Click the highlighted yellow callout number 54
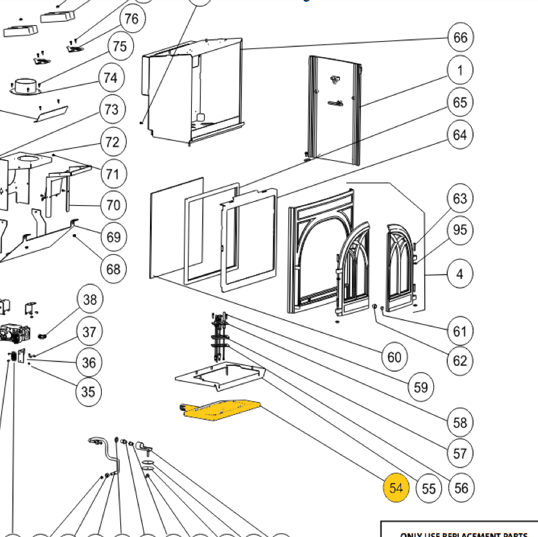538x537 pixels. [396, 488]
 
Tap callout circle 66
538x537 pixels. [460, 37]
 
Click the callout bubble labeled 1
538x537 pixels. [460, 69]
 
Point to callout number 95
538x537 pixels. [460, 230]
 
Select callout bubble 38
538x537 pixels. [89, 299]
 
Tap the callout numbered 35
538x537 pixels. [88, 391]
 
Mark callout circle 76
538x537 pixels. [131, 19]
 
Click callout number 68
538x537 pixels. [113, 268]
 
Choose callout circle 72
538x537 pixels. [113, 141]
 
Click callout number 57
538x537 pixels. [460, 453]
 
